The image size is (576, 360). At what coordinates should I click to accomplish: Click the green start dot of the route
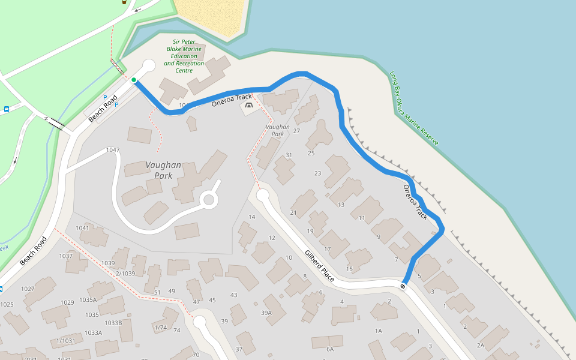(134, 80)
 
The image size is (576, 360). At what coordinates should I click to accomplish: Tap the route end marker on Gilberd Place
(403, 286)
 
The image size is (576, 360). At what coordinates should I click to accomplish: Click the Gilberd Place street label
(319, 266)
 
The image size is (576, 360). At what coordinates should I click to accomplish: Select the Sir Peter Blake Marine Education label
(184, 56)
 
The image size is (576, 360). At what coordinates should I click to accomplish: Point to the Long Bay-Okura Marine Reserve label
(414, 108)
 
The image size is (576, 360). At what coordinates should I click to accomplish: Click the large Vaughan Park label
(159, 170)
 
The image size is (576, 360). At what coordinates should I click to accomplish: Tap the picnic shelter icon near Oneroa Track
(248, 107)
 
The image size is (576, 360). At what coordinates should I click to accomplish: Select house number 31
(289, 155)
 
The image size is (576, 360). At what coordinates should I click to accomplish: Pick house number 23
(318, 173)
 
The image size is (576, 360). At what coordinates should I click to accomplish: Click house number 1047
(113, 150)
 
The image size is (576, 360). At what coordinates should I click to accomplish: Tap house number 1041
(82, 228)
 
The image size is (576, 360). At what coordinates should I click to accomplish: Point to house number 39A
(266, 313)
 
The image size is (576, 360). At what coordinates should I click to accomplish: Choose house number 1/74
(160, 328)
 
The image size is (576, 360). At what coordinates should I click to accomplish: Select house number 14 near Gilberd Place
(252, 217)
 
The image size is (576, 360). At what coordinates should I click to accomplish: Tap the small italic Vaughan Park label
(277, 130)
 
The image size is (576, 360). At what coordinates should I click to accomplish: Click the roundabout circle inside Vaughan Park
(209, 200)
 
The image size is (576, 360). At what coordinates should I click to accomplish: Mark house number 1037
(65, 256)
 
